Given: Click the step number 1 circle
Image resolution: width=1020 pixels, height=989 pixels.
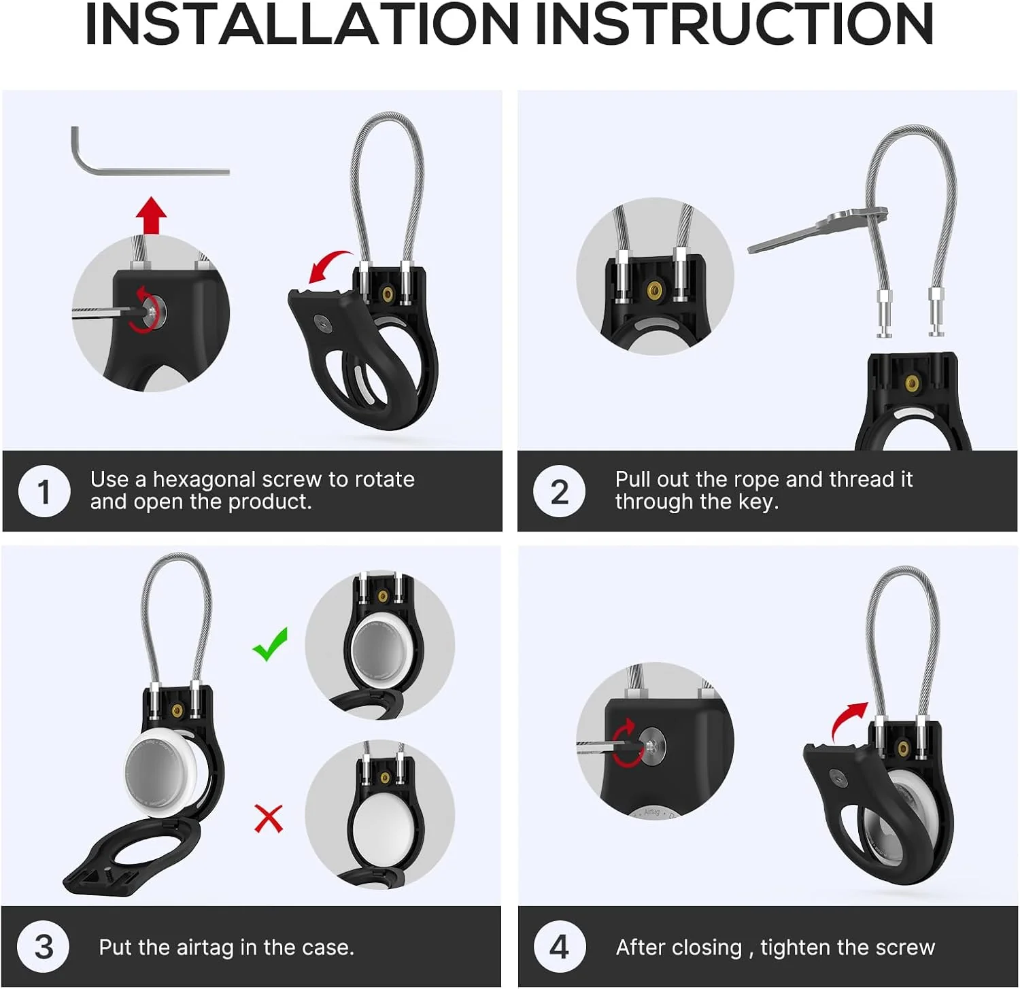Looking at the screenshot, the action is (44, 491).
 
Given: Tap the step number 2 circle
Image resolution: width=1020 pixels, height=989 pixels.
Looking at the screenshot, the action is (559, 491).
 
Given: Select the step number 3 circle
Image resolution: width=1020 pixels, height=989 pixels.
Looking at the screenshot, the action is (44, 947).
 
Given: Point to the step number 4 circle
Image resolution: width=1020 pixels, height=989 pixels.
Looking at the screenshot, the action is (559, 947).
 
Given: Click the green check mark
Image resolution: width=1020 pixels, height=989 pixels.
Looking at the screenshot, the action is (270, 644).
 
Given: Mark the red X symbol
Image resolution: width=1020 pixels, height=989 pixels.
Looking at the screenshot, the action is (269, 818).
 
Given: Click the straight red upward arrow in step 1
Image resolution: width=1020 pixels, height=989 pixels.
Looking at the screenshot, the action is (151, 216).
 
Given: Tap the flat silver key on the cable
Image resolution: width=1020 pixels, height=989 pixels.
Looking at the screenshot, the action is (816, 231).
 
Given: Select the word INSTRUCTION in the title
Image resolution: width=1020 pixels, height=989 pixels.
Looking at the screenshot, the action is (735, 25).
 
